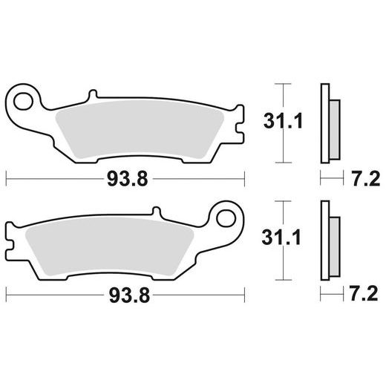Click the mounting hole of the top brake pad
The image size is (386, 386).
point(23,101)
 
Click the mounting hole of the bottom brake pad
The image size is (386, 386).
point(226,218)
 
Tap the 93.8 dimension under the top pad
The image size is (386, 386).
point(128,179)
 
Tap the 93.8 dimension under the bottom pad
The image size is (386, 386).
point(129,295)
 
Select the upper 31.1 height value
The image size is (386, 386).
point(283,121)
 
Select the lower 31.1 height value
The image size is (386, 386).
point(281,238)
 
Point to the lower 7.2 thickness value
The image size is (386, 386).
point(364,293)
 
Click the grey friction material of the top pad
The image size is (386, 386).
point(140,128)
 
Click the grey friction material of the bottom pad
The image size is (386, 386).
point(109,246)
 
